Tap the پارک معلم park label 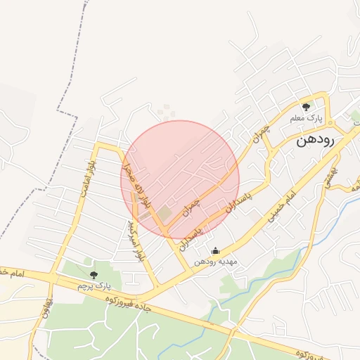coord(307,117)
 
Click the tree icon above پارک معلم coord(306,106)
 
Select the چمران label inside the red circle coord(191,205)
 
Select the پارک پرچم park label coord(95,285)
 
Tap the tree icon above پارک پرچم coord(94,274)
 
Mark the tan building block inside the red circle coord(163,212)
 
